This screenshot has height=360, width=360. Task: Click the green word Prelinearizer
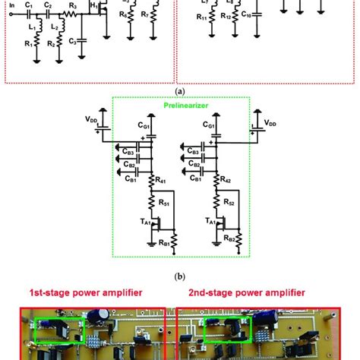[180, 106]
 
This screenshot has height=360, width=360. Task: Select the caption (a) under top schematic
[180, 90]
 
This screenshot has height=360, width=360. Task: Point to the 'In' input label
[10, 11]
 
